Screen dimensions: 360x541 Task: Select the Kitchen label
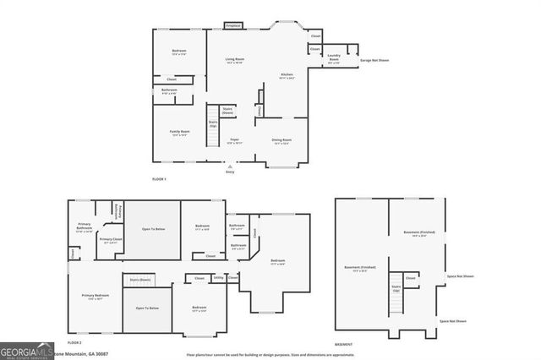click(287, 76)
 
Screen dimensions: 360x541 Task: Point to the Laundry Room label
click(334, 59)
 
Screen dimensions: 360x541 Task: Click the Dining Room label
click(281, 141)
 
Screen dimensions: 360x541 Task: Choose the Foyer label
click(234, 141)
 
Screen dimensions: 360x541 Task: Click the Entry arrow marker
click(229, 166)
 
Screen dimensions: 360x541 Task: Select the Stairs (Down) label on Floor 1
click(227, 110)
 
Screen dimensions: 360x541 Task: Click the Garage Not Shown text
click(375, 60)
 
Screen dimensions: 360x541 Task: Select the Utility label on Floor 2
click(218, 277)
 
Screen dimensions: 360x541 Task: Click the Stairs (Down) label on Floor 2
click(140, 279)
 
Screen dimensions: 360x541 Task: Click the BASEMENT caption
click(343, 346)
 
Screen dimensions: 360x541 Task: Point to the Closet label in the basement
click(410, 277)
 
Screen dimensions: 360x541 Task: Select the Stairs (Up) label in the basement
click(395, 289)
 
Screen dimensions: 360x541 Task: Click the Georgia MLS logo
click(27, 350)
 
